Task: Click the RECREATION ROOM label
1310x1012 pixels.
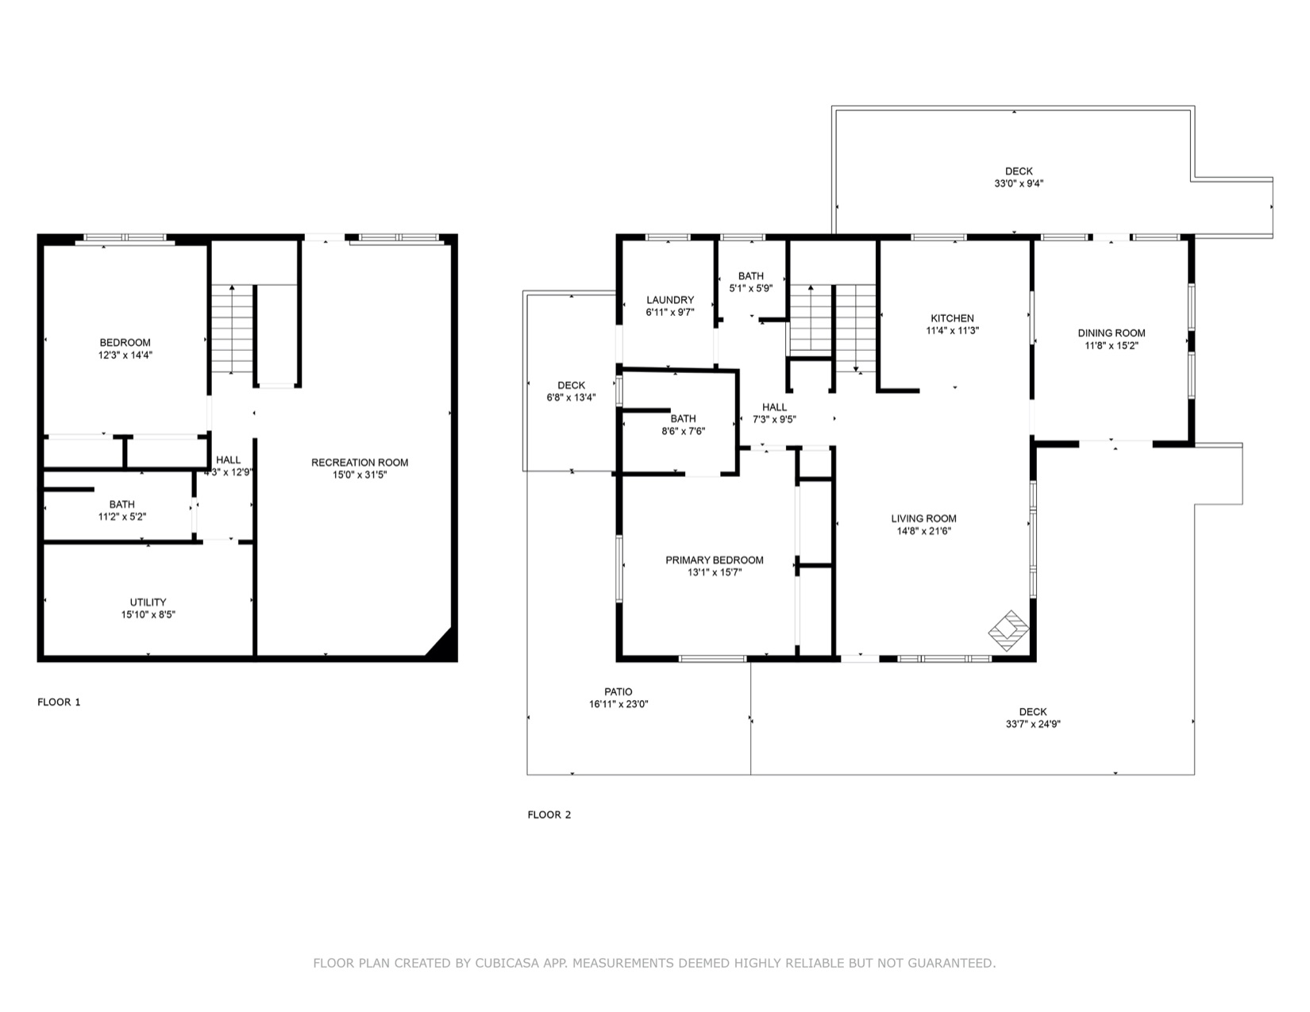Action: click(360, 463)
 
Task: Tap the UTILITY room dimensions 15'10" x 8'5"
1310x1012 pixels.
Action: click(148, 614)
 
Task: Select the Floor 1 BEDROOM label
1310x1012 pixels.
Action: click(125, 343)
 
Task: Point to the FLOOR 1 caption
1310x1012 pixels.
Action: click(59, 702)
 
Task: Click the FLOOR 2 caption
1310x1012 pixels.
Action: click(549, 815)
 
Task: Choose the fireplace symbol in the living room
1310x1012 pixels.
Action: click(1008, 630)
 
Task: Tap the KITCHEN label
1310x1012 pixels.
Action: click(952, 318)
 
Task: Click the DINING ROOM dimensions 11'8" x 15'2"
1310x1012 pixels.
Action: click(1112, 345)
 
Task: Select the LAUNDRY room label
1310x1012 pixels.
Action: click(670, 300)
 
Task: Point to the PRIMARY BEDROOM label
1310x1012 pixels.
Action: click(715, 560)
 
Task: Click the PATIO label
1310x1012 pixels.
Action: click(618, 692)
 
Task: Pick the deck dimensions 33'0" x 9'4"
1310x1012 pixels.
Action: click(1019, 183)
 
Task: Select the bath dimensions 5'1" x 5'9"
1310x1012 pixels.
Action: click(751, 288)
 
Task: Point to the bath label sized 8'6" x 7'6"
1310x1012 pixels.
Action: click(683, 418)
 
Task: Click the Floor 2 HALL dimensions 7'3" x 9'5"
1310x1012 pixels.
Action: click(774, 419)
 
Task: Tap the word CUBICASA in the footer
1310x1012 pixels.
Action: click(507, 963)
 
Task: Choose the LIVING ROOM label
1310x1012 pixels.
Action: click(923, 518)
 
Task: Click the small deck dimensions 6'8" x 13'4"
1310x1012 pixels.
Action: click(571, 398)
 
